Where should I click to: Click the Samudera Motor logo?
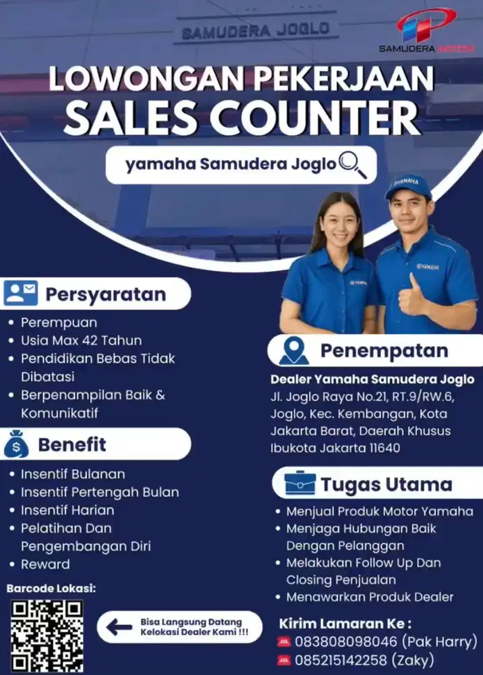pos(426,30)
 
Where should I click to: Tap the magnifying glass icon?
pos(353,165)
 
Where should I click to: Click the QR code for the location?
pos(47,635)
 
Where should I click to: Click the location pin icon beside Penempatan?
pos(293,351)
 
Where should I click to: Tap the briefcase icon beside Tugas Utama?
pos(300,484)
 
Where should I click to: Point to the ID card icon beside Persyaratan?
pos(20,294)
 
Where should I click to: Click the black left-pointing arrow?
pos(119,627)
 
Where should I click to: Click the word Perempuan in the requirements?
pos(59,323)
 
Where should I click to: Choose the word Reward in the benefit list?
pos(45,564)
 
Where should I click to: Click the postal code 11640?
pos(400,448)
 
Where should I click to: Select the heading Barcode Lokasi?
pos(51,589)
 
